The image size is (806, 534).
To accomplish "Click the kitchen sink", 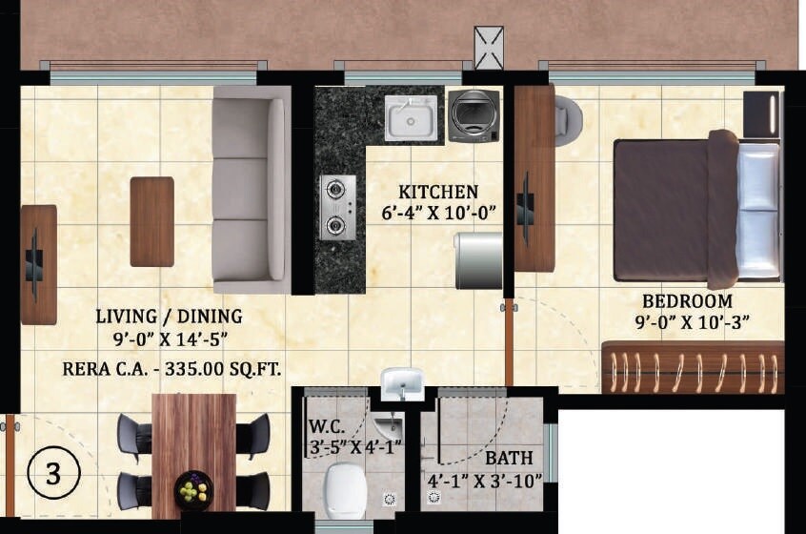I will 412,117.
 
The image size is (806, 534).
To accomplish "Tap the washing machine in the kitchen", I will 474,115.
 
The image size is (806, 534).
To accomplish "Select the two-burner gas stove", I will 336,207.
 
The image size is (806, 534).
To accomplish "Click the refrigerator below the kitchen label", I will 477,259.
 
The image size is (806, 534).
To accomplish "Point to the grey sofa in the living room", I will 251,189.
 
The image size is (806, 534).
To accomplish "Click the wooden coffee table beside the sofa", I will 151,221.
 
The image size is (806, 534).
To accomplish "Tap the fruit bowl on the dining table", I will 193,490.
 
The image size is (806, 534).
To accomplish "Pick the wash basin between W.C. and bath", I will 402,383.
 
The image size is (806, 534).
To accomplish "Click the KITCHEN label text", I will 438,192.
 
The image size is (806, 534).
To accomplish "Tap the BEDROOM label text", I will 686,301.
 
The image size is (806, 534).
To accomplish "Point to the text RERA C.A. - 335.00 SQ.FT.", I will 172,369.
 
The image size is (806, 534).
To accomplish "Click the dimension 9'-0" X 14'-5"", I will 169,337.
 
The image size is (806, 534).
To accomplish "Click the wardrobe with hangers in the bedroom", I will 693,367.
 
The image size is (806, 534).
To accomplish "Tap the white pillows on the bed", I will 758,211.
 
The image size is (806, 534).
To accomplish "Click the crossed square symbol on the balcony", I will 489,48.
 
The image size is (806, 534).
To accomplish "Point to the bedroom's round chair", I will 569,120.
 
